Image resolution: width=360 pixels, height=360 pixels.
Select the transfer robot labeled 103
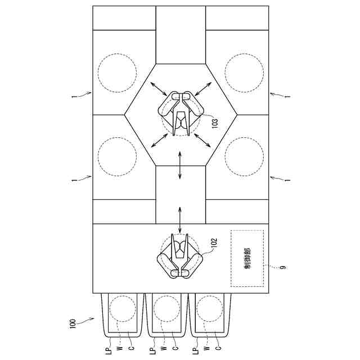coord(180,115)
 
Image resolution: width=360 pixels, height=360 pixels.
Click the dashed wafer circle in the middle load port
coord(167,310)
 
